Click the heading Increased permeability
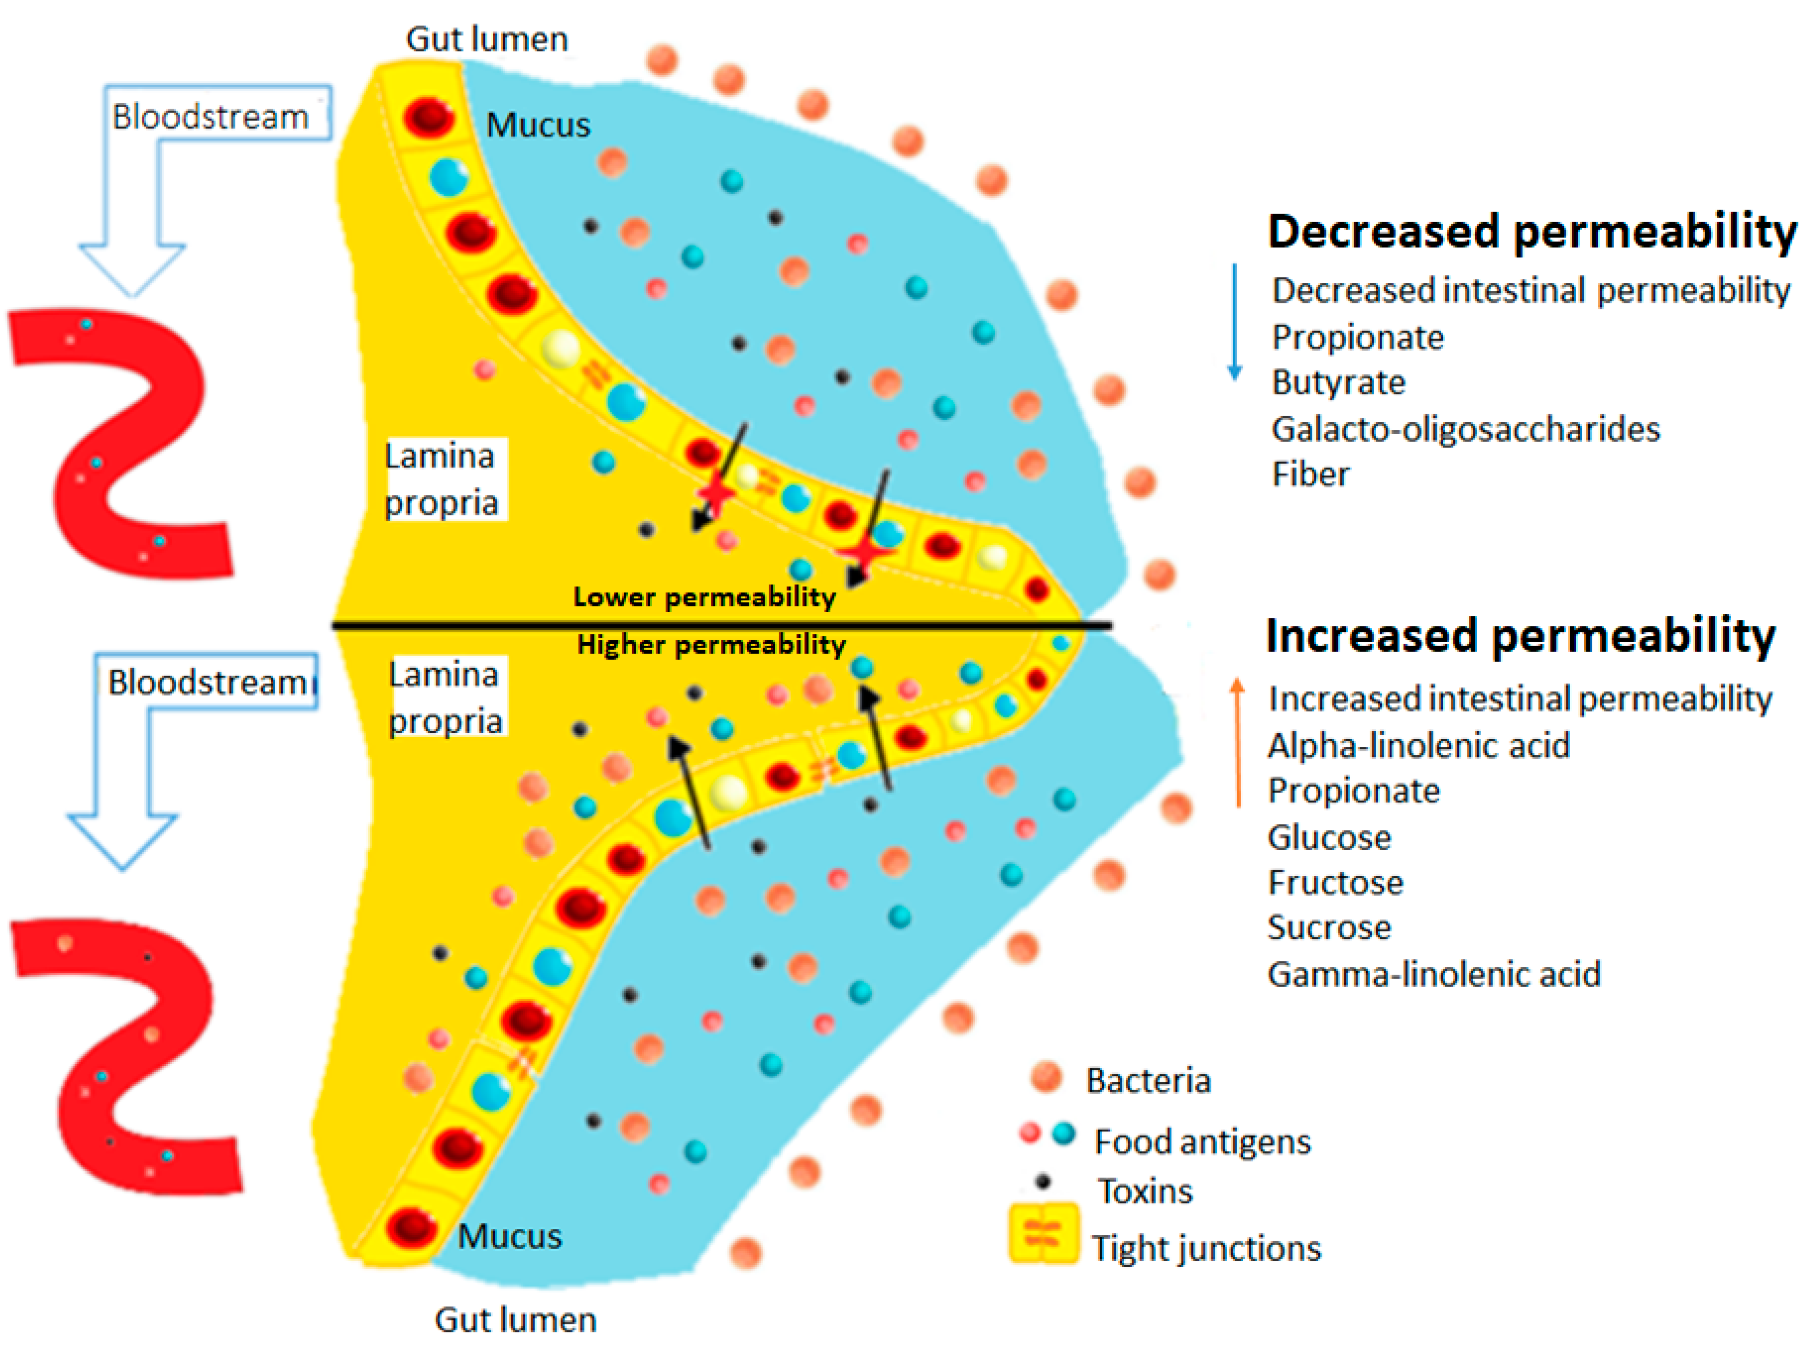point(1519,636)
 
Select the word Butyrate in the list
point(1337,383)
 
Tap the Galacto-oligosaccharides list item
point(1465,429)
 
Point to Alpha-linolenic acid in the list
point(1419,746)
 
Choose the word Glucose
point(1328,837)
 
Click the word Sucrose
point(1328,928)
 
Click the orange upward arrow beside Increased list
point(1237,742)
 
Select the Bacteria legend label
point(1148,1081)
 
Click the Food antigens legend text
point(1202,1142)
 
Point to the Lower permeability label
point(704,597)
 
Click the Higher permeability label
point(710,645)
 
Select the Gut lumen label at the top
point(487,39)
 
